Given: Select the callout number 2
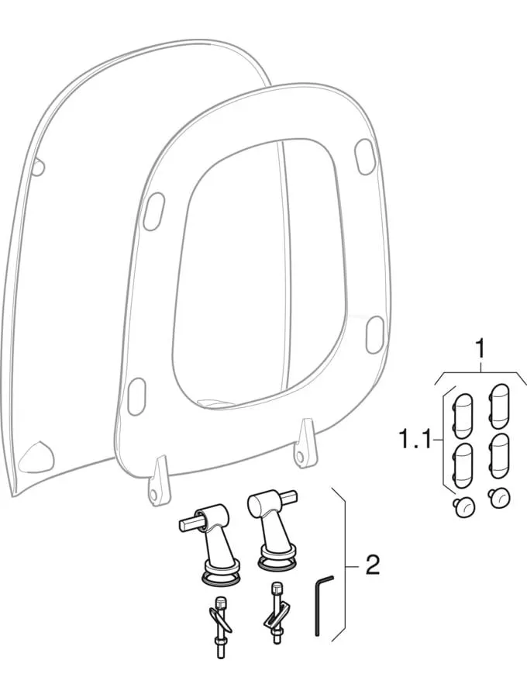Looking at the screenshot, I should (x=372, y=564).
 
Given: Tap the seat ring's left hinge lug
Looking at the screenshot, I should (x=159, y=482).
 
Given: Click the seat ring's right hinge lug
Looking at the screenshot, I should (x=306, y=444).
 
